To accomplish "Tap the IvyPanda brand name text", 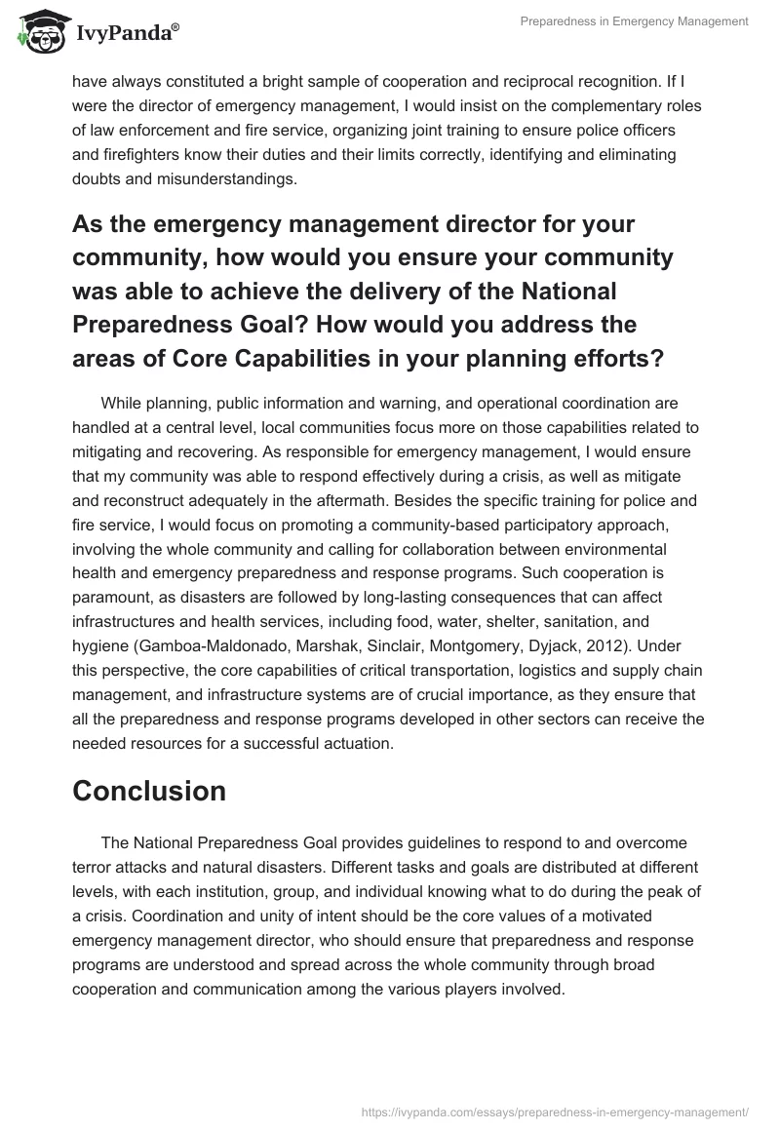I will [x=126, y=34].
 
